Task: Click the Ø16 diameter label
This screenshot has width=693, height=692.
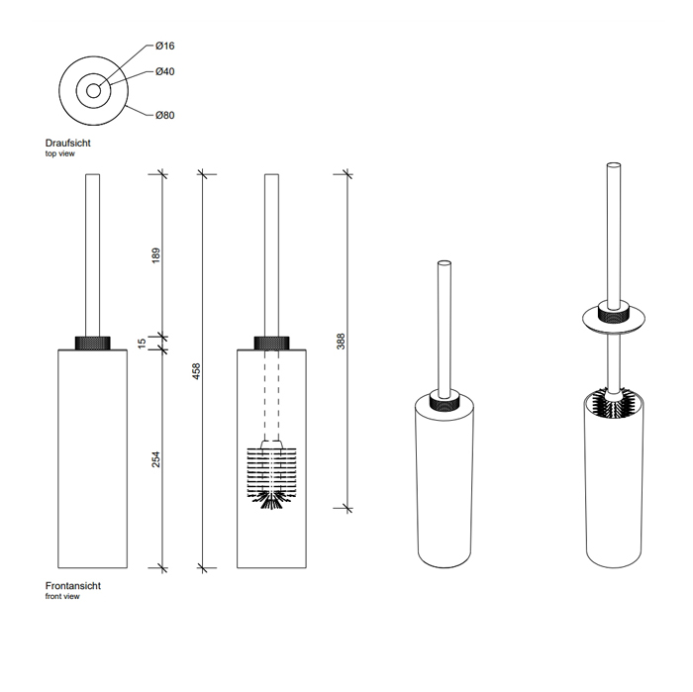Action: pyautogui.click(x=165, y=46)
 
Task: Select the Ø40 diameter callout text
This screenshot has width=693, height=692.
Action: pyautogui.click(x=165, y=71)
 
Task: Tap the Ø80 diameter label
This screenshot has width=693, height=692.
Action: pyautogui.click(x=165, y=115)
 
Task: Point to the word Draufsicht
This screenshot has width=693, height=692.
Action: pyautogui.click(x=67, y=144)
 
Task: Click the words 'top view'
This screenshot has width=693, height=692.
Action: pyautogui.click(x=59, y=153)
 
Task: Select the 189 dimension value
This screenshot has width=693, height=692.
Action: pyautogui.click(x=156, y=255)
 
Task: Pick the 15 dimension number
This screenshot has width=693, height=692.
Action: pyautogui.click(x=142, y=344)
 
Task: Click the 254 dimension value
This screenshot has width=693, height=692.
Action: pyautogui.click(x=156, y=459)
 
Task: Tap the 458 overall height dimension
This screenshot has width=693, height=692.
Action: pyautogui.click(x=197, y=371)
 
